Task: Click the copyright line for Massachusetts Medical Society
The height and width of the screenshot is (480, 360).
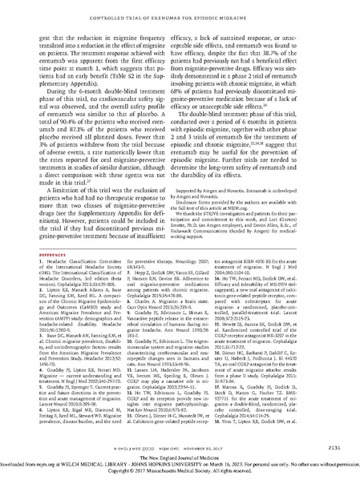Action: [x=180, y=473]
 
